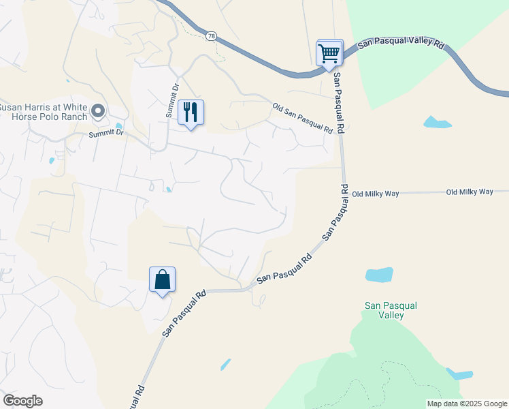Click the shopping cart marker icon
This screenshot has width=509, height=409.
click(329, 52)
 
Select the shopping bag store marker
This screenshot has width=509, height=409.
click(162, 279)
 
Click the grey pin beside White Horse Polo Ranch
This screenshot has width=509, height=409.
click(98, 110)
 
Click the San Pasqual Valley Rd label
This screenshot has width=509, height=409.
click(401, 42)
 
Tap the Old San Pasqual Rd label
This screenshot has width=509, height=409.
click(302, 117)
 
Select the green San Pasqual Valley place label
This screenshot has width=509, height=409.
click(393, 310)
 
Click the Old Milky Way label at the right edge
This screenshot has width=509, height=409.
click(470, 192)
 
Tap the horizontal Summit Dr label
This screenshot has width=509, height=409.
click(106, 134)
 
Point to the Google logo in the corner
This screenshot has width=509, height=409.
click(22, 401)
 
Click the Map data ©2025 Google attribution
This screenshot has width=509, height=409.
click(467, 404)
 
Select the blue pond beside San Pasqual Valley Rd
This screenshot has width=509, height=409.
click(437, 123)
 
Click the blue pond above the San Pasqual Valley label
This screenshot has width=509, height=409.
click(379, 275)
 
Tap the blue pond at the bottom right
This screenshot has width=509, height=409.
click(460, 374)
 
